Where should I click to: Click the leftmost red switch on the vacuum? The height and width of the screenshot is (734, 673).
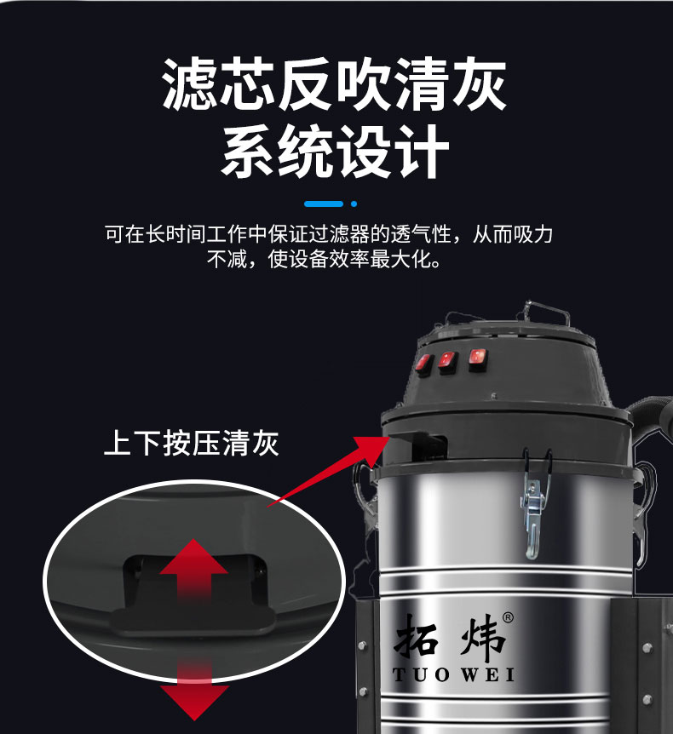coord(423,364)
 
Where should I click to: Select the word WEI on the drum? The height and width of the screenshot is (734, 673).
coord(488,676)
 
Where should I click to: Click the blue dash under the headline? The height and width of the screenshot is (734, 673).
coord(324,204)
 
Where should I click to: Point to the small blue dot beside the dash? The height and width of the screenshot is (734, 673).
coord(354,204)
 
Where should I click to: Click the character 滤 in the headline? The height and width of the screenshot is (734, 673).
coord(194,84)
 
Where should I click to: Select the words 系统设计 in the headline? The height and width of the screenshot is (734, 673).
coord(335,152)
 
